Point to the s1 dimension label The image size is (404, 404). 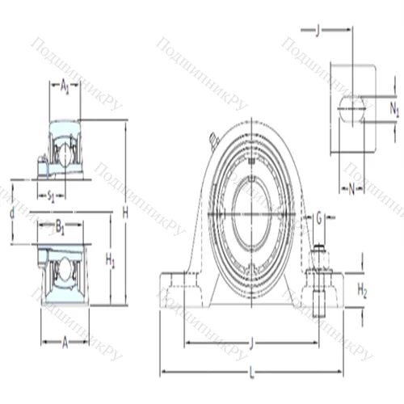[51, 195]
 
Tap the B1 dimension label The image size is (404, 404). [61, 226]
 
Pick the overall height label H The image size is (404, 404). [125, 213]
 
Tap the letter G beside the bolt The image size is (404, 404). [320, 217]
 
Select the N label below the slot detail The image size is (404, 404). [351, 191]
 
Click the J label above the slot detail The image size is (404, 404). [318, 32]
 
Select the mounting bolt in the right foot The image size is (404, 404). [319, 271]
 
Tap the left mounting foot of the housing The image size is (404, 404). [179, 289]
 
